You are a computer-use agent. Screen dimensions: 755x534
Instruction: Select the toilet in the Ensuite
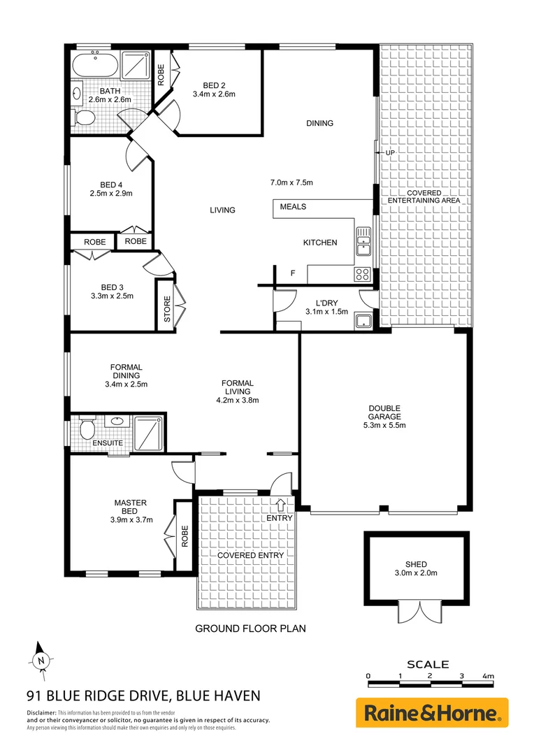(87, 427)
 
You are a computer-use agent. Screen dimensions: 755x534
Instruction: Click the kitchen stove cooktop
(363, 273)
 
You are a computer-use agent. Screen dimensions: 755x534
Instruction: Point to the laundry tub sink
(363, 322)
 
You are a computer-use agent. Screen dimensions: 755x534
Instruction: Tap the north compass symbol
(42, 659)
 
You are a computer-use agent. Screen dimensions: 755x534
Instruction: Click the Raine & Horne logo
(432, 713)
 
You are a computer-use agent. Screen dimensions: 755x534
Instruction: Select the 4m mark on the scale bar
(488, 676)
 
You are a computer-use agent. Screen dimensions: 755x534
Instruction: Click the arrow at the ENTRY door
(281, 504)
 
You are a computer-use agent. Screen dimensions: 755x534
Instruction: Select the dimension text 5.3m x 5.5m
(384, 425)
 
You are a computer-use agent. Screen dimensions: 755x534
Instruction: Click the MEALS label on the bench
(293, 207)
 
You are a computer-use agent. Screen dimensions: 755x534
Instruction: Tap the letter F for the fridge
(293, 273)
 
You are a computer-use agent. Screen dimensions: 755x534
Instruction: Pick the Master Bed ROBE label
(185, 537)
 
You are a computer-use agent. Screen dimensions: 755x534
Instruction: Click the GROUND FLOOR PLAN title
(250, 628)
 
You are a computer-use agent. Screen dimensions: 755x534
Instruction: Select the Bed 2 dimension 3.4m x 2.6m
(214, 93)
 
